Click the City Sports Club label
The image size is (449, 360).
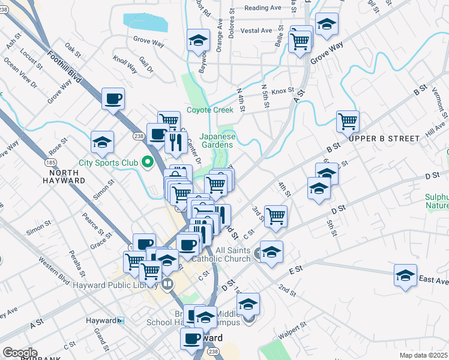click(107, 163)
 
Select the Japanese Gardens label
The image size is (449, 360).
click(217, 140)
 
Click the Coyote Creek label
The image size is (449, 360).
click(209, 110)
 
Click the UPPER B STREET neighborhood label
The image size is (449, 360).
click(384, 139)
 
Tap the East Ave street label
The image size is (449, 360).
click(433, 280)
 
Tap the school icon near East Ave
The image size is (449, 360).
click(406, 275)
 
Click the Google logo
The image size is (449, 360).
click(20, 353)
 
